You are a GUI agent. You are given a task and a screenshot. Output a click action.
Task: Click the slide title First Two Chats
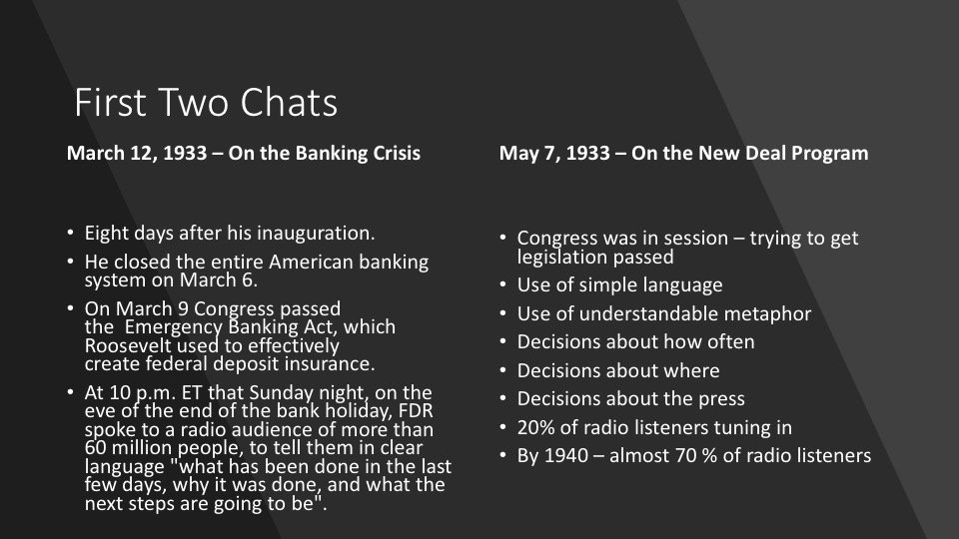tap(206, 102)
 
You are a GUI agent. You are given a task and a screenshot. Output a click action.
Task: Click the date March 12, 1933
tap(137, 153)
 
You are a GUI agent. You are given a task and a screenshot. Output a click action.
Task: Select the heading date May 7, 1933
tap(554, 153)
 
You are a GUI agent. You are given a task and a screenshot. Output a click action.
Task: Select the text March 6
tap(219, 279)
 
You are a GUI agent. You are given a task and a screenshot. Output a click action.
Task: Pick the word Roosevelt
tap(128, 346)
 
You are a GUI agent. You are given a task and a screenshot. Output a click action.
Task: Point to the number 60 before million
tap(96, 448)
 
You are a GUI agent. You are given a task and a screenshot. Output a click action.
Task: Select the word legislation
tap(562, 258)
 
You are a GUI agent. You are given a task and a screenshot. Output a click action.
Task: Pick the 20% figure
tap(535, 427)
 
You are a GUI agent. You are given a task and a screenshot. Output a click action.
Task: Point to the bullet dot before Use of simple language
tap(502, 284)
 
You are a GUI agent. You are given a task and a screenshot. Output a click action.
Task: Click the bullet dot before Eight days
tap(70, 233)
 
